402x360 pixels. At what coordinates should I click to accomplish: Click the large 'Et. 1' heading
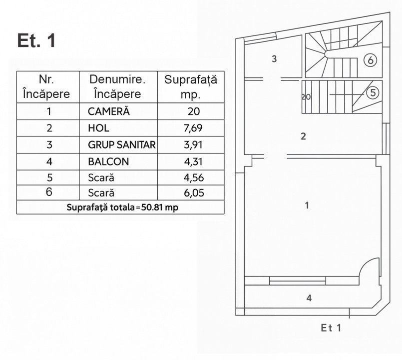point(36,40)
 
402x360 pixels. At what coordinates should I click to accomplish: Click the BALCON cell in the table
point(108,161)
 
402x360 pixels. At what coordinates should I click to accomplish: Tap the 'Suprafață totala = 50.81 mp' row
point(120,207)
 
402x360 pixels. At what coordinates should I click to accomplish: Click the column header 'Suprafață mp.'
point(191,86)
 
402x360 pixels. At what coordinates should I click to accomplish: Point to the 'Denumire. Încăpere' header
point(117,86)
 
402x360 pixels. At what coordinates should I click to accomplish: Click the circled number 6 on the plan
point(370,60)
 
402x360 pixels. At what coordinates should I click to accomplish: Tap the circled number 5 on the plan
point(373,92)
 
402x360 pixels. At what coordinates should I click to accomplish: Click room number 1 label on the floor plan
point(307,205)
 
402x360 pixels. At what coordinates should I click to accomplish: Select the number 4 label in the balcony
point(309,298)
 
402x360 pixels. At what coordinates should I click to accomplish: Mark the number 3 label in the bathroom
point(274,59)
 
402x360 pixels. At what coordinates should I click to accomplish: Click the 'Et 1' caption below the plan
point(331,328)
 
